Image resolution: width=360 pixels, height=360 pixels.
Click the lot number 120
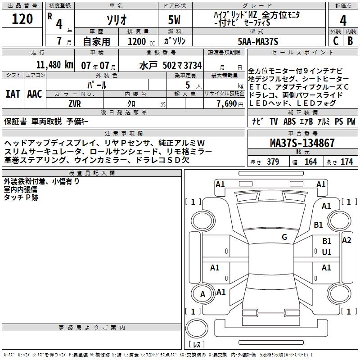(x=22, y=19)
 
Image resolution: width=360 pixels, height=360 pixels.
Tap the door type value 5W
(x=175, y=20)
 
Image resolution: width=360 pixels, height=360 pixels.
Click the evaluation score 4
(x=343, y=20)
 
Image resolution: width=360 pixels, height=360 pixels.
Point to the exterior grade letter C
(x=335, y=40)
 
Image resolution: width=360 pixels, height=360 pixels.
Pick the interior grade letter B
(x=351, y=40)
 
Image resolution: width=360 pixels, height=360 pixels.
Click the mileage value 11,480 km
(x=54, y=64)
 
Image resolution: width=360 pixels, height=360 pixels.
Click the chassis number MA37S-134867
(x=302, y=144)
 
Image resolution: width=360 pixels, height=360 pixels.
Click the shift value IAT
(x=13, y=94)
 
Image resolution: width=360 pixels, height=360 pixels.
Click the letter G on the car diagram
(x=284, y=237)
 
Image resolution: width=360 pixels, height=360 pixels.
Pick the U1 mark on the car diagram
(x=327, y=252)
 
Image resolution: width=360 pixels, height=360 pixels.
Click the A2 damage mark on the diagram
(x=346, y=240)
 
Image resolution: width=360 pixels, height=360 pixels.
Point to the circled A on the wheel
(x=202, y=294)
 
